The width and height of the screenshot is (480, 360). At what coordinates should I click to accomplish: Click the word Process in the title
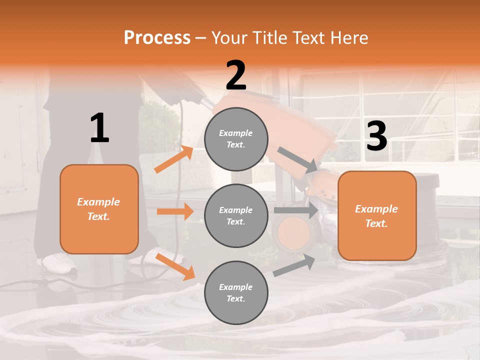157,38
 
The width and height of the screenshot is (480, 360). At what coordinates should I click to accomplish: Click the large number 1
99,128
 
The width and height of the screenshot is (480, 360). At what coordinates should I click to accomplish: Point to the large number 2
236,75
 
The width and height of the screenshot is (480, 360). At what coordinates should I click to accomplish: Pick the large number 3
376,136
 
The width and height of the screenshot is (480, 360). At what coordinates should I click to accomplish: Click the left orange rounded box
99,209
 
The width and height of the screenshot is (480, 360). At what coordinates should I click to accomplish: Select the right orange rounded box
377,215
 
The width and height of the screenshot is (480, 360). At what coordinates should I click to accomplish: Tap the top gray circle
236,139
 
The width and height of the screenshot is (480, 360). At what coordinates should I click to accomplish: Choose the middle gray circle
236,215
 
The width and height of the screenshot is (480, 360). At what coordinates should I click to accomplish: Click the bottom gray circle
236,292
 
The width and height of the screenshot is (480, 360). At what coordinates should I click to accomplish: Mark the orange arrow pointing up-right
174,159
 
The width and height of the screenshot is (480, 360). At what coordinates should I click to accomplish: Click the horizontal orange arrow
175,211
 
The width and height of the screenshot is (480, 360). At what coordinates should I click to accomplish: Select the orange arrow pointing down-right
175,266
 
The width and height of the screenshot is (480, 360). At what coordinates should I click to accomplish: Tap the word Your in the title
228,38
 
